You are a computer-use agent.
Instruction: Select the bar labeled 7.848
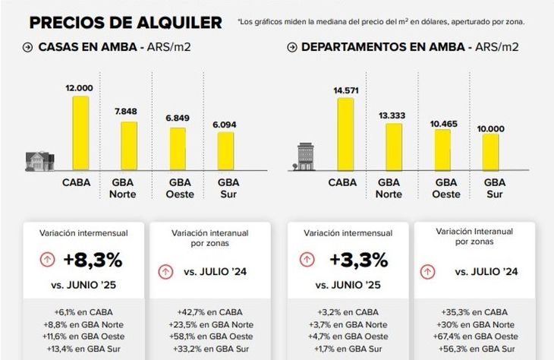[x=129, y=146]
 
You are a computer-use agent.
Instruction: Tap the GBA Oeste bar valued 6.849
[x=178, y=149]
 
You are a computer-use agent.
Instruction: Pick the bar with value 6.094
[x=226, y=151]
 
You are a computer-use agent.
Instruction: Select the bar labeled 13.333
[x=394, y=147]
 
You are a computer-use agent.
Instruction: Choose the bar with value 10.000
[x=491, y=152]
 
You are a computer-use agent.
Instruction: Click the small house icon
[x=39, y=160]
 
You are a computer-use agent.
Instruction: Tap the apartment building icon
[x=305, y=156]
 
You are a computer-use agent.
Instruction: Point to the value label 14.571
[x=345, y=91]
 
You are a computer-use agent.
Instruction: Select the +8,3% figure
[x=93, y=260]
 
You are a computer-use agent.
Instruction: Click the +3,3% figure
[x=357, y=260]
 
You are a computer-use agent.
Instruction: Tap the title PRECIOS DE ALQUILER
[x=125, y=22]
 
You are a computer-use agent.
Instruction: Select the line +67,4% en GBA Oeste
[x=474, y=336]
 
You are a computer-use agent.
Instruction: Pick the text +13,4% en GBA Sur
[x=84, y=349]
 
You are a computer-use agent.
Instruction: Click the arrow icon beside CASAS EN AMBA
[x=27, y=47]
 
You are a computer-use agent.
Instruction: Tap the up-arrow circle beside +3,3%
[x=307, y=259]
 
